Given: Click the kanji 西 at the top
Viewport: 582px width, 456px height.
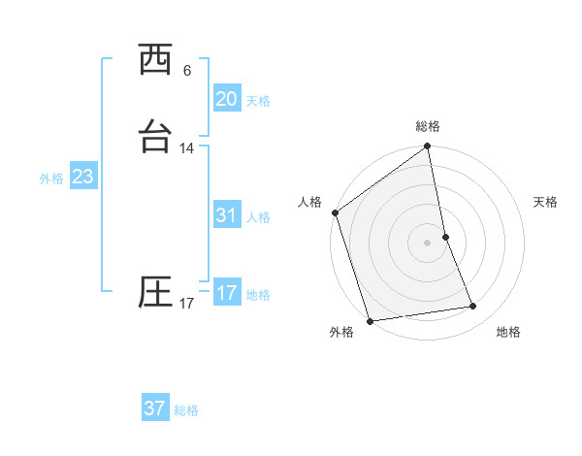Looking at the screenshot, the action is click(155, 60).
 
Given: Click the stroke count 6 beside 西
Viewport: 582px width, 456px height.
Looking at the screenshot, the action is click(187, 71).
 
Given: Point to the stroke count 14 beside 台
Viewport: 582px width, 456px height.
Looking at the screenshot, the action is click(187, 148).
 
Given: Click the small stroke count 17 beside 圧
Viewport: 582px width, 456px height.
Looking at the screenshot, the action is click(187, 304).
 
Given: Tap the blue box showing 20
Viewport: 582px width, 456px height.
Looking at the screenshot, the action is click(226, 99).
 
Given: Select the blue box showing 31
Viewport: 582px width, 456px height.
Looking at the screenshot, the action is click(226, 215).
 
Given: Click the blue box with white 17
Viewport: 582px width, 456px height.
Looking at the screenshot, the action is click(226, 293).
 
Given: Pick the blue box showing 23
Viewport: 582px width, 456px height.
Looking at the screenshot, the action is click(82, 177).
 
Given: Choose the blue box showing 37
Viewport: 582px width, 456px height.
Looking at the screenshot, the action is click(154, 408).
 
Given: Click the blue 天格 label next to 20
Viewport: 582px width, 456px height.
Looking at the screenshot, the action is click(258, 101).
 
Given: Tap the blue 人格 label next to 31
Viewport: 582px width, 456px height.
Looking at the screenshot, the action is click(258, 217).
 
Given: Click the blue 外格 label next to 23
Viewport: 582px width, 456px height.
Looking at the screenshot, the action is click(51, 179).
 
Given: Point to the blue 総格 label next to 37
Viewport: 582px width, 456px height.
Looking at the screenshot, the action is click(186, 410).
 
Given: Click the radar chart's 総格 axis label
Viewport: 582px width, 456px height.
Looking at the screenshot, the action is click(428, 126).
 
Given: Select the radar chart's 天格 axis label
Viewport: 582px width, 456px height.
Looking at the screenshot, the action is click(546, 202).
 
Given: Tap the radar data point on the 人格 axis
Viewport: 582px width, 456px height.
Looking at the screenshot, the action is click(335, 212).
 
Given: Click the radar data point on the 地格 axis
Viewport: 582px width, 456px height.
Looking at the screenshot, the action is click(473, 307).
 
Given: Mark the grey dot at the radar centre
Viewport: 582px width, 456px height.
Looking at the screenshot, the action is click(427, 243).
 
